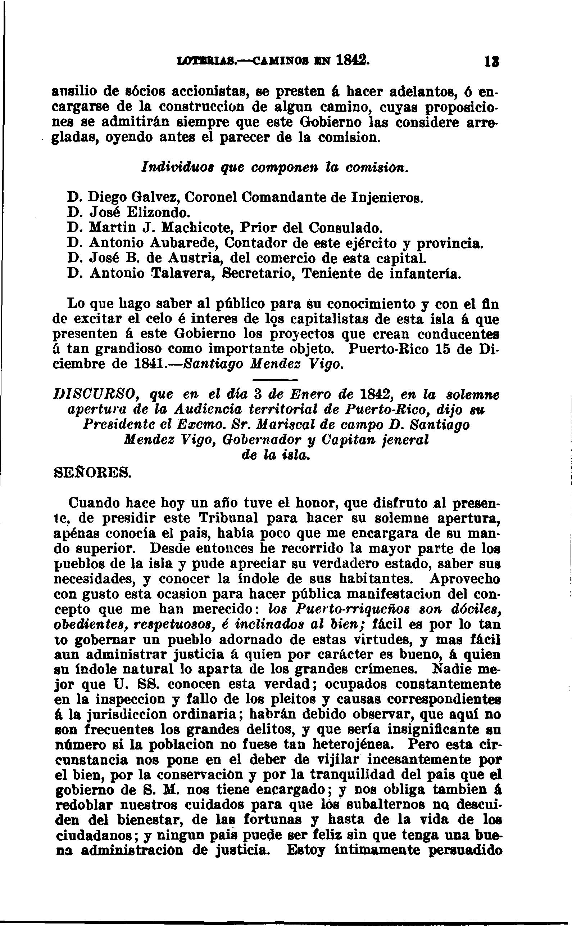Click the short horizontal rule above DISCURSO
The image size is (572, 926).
(x=274, y=380)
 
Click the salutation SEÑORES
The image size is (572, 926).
(x=91, y=473)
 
